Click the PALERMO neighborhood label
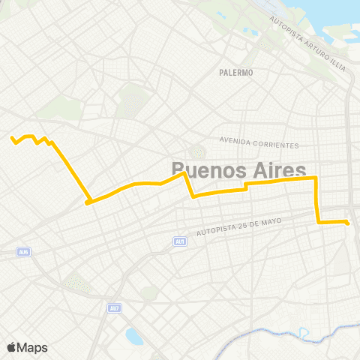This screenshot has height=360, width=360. [x=236, y=73]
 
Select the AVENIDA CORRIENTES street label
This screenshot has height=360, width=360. [x=259, y=142]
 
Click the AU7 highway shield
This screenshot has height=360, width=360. [x=113, y=307]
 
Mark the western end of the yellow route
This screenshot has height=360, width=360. [x=12, y=138]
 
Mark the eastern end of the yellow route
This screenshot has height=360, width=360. [x=348, y=222]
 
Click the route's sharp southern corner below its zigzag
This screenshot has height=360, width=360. [x=88, y=202]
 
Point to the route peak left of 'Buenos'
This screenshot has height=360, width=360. [x=184, y=174]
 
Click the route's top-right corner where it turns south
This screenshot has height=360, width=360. [x=315, y=178]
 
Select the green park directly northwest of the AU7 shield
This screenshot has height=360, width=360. [x=77, y=283]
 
